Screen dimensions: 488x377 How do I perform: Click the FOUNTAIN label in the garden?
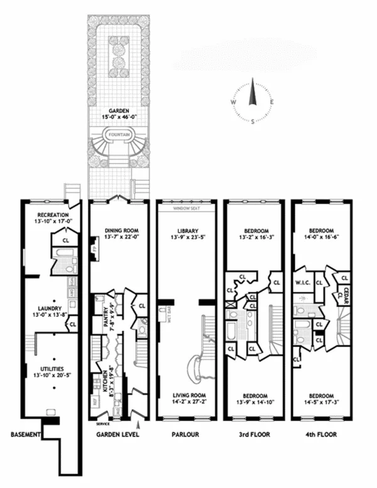coord(119,135)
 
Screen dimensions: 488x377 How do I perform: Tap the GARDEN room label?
coord(119,111)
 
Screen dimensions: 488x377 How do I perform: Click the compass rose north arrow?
coord(253,94)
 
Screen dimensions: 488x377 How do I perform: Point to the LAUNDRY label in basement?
coord(48,308)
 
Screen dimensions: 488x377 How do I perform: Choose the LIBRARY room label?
coord(187,230)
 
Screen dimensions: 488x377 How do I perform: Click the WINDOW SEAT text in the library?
coord(187,207)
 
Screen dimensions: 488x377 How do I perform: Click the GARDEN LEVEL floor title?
coord(117,435)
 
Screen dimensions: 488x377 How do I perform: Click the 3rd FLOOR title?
coord(253,435)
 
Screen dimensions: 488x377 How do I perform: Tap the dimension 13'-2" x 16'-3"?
coord(254,238)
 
